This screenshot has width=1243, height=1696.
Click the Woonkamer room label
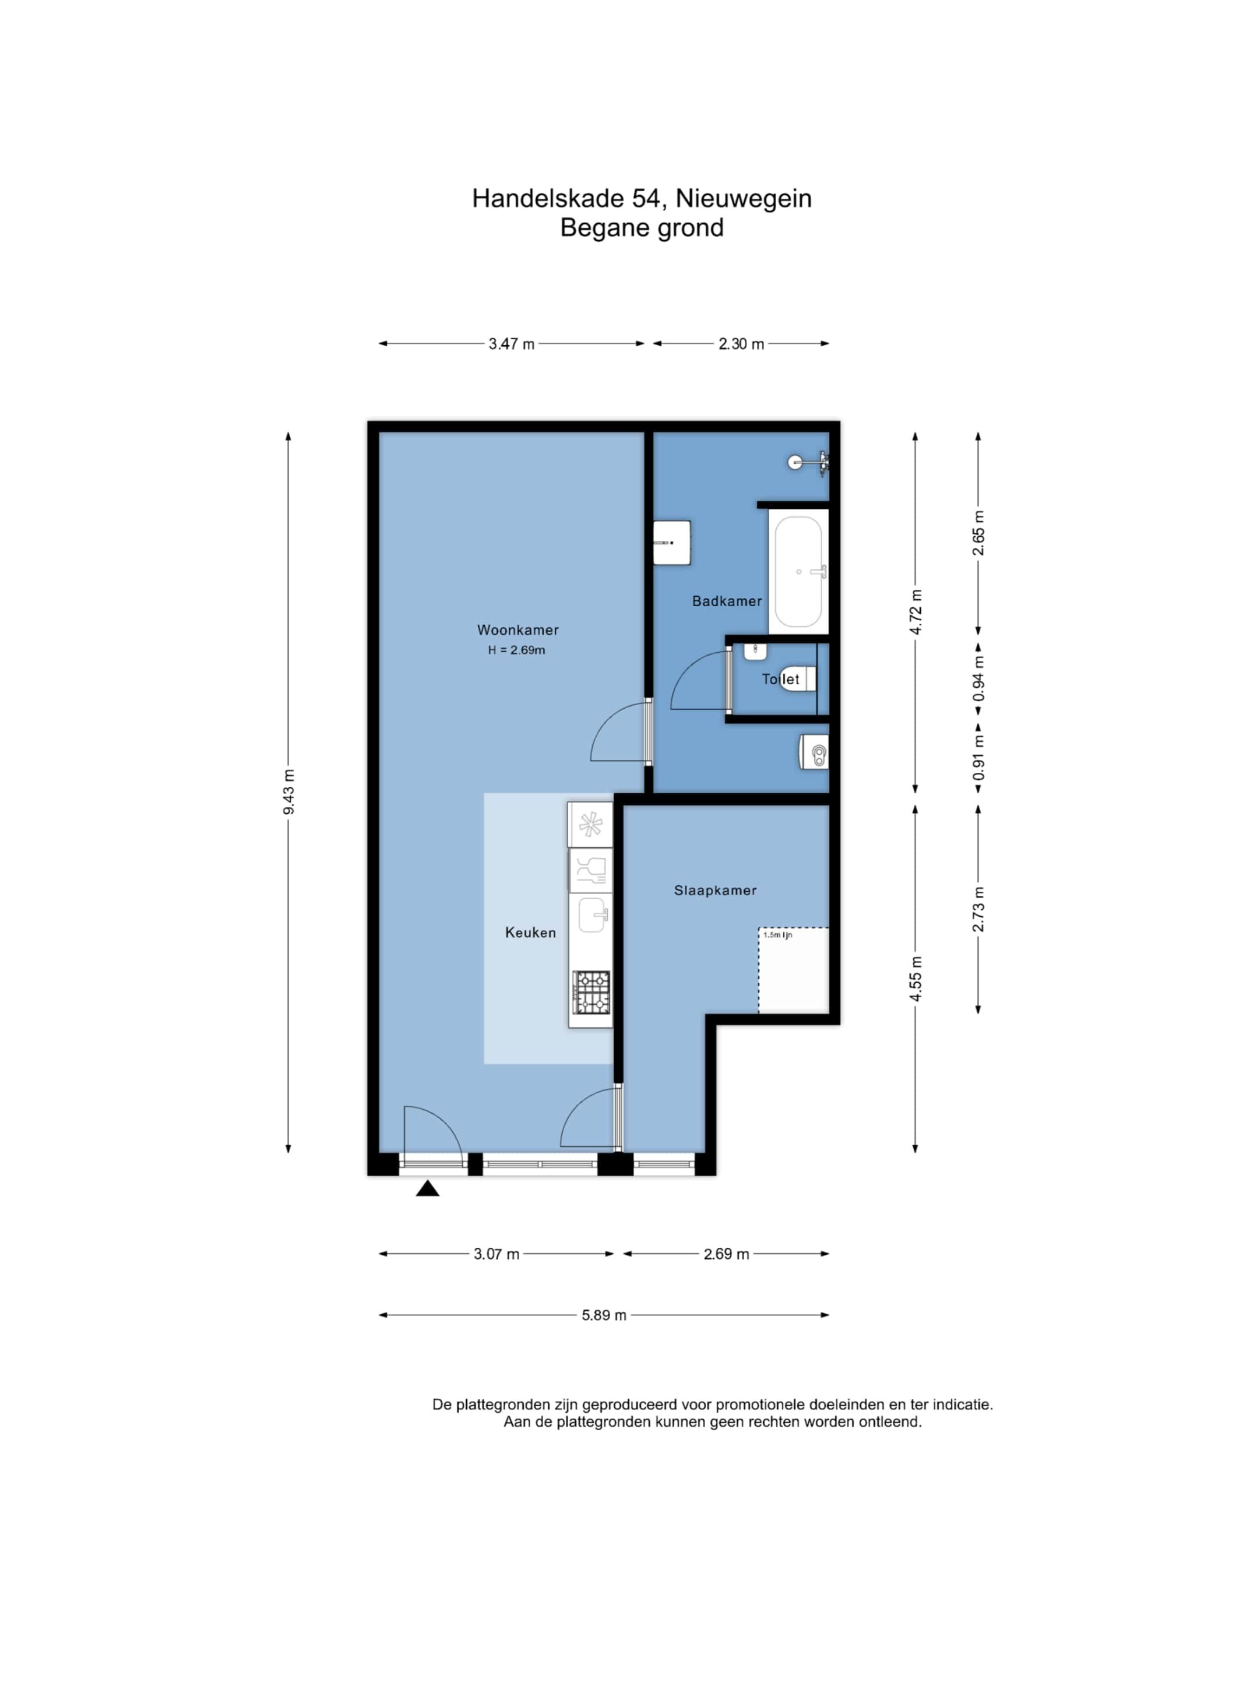click(x=517, y=630)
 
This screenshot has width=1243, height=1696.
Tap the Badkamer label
click(x=727, y=601)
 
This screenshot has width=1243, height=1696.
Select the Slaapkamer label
click(x=715, y=890)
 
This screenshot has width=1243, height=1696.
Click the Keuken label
click(x=530, y=933)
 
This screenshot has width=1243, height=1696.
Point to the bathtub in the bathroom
click(x=798, y=572)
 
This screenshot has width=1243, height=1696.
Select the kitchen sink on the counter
click(x=593, y=915)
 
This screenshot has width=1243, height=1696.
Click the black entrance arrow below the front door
click(x=427, y=1188)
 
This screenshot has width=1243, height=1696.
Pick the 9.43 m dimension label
click(x=289, y=791)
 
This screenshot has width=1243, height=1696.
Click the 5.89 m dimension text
click(x=604, y=1315)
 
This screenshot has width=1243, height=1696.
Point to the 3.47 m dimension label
click(x=512, y=344)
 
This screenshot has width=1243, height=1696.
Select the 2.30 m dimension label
click(x=741, y=344)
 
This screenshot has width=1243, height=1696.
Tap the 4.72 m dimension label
click(x=915, y=613)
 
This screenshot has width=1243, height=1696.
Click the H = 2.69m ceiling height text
click(x=516, y=650)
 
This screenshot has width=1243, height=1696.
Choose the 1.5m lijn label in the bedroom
click(x=777, y=935)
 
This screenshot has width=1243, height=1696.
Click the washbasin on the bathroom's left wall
click(x=671, y=543)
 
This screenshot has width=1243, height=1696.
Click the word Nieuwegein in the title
click(x=744, y=199)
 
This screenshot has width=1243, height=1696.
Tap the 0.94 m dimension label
click(x=978, y=678)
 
